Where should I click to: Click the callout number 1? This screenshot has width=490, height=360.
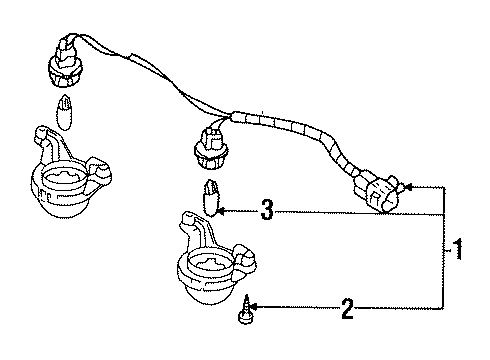(458, 249)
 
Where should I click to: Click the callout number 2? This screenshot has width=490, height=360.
(347, 309)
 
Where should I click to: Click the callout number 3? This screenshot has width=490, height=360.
(266, 211)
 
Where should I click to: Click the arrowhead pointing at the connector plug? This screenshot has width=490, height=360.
(410, 186)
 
